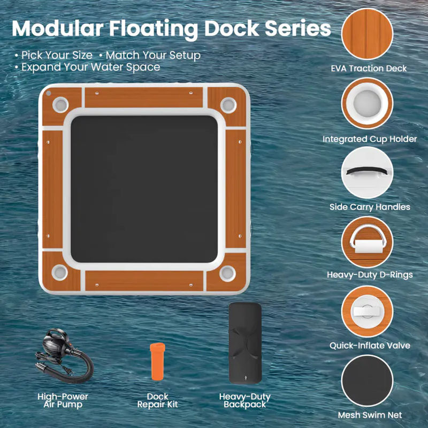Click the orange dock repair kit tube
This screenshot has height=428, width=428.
coord(157,362)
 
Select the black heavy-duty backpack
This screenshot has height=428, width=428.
coord(245,343)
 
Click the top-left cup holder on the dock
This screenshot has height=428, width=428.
coord(60,104)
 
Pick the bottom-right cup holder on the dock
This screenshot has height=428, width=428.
coord(227,273)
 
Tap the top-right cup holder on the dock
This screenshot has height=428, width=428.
coord(228,105)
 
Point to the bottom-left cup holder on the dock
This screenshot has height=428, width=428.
coord(59,272)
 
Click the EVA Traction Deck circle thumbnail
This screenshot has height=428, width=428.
coord(367,34)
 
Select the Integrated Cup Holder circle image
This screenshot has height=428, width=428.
coord(367,103)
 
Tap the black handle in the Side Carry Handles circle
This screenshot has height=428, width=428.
coord(367,171)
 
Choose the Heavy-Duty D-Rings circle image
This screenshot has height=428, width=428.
coord(367,242)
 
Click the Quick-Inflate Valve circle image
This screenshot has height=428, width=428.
coord(367,311)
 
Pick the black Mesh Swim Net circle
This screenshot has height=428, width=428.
coord(367,381)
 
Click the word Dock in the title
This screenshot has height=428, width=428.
coord(232,28)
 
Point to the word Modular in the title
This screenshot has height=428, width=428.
coord(58,28)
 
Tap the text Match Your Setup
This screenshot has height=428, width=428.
coord(153,56)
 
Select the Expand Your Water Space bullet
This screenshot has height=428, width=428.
coord(88,67)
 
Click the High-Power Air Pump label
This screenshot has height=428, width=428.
coord(63,400)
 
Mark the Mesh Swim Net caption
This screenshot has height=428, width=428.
coord(370,415)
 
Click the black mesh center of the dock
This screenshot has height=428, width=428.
coord(144,189)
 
